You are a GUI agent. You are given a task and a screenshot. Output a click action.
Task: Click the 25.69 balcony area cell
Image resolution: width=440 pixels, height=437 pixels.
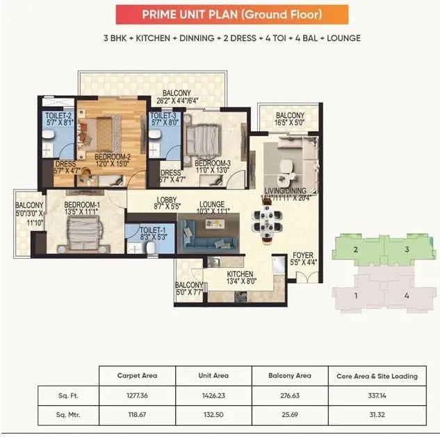click(289, 418)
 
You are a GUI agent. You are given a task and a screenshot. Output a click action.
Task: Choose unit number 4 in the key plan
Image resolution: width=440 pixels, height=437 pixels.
click(406, 295)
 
